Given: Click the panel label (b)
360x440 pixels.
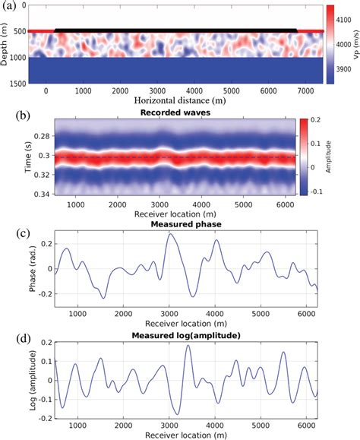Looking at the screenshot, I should click(x=10, y=116).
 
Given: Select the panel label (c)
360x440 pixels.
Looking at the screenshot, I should click(x=10, y=226).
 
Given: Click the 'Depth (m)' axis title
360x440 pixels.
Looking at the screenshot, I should click(x=6, y=44).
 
